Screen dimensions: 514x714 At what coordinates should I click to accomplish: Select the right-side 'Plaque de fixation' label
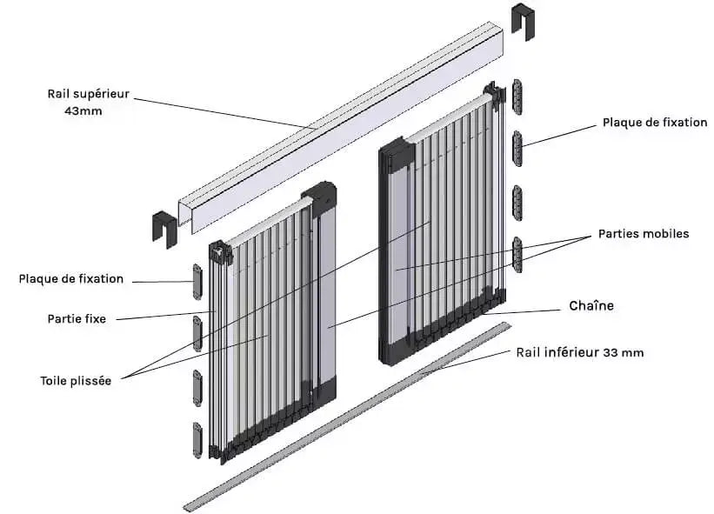click(654, 123)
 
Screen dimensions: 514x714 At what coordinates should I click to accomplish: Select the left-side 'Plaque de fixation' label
click(70, 279)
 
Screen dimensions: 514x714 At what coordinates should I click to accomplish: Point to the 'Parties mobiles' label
click(644, 234)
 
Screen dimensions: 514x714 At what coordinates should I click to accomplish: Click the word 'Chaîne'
click(591, 306)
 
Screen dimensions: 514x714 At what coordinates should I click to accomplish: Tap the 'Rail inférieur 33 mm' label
click(579, 352)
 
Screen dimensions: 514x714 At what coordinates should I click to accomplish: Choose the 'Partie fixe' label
click(77, 319)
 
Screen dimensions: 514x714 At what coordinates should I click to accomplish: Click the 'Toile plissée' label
click(76, 381)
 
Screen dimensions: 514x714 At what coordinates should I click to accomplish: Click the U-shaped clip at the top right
click(523, 21)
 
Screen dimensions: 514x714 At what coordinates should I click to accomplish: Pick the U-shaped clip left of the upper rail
click(164, 226)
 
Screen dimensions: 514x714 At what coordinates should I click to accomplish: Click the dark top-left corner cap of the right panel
click(395, 154)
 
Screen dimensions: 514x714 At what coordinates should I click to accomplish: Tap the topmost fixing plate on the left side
click(197, 282)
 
